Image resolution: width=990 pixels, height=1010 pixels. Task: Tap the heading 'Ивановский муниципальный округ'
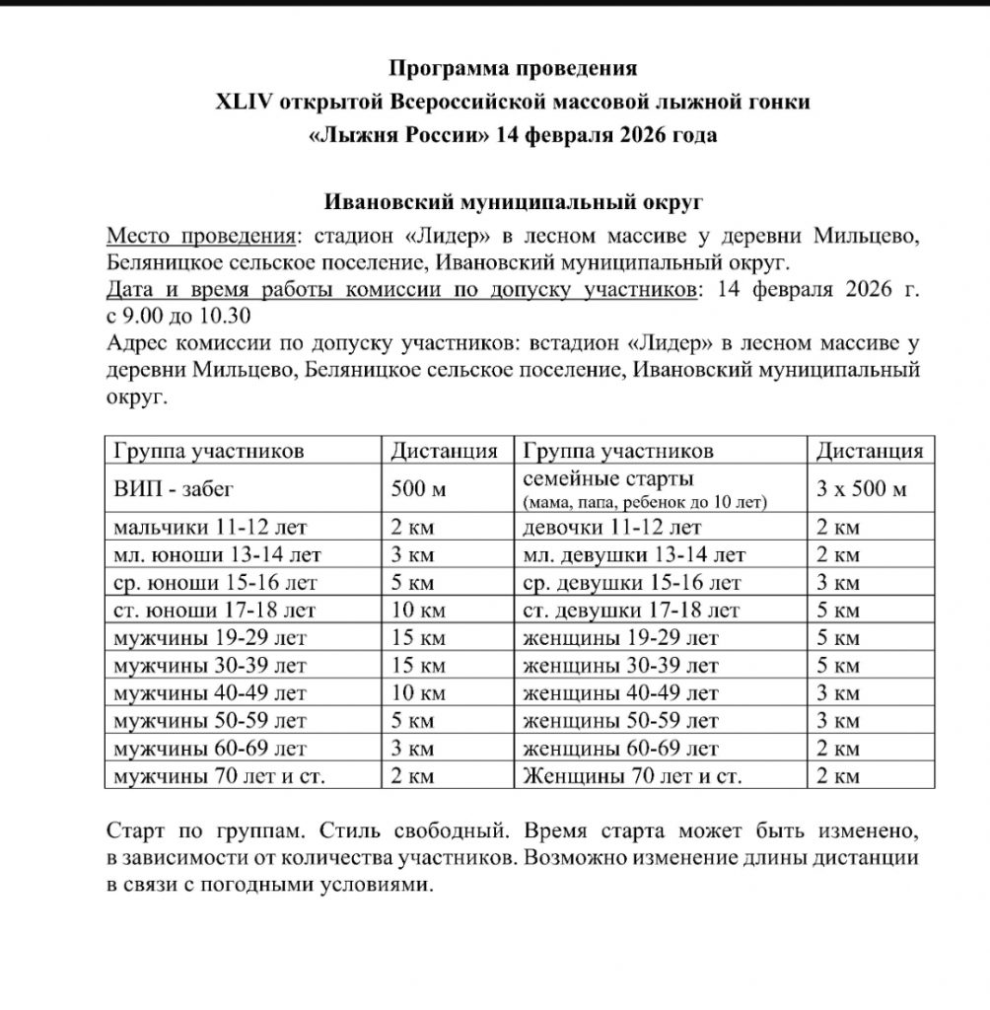(514, 202)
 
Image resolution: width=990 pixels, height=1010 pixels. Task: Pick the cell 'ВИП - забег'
(174, 489)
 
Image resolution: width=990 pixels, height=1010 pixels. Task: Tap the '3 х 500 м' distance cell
(862, 489)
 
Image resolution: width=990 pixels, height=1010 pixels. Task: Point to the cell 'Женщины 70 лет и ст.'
(632, 776)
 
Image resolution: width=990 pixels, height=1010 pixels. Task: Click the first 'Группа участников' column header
(209, 451)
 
